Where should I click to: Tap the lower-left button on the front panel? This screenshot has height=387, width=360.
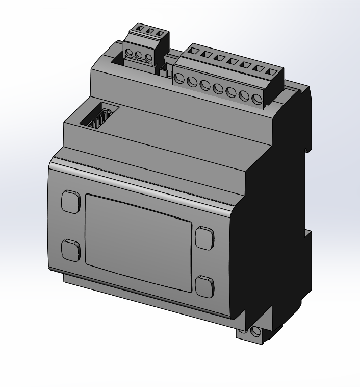[71, 250]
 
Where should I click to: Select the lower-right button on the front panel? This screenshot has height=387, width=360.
[204, 285]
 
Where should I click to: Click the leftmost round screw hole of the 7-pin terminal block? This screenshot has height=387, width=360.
[179, 78]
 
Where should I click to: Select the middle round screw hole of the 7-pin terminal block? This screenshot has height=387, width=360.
[218, 88]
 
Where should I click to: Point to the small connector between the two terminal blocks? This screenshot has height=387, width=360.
[165, 70]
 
